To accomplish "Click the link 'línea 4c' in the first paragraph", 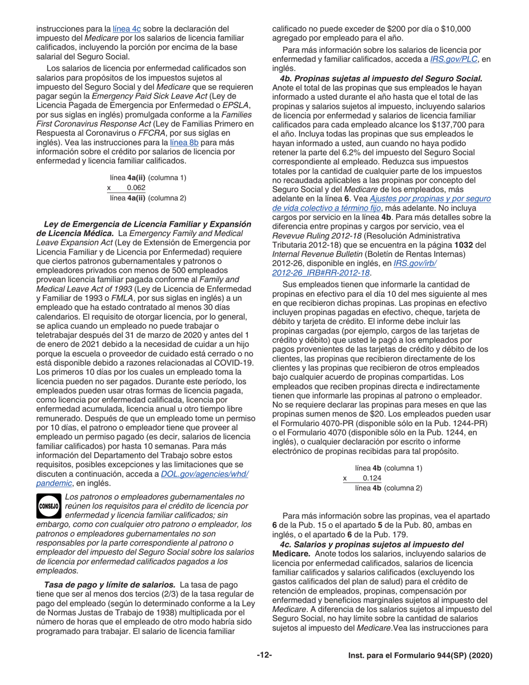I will [128, 28].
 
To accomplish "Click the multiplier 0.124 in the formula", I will [371, 478].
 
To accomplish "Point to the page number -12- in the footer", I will [264, 655].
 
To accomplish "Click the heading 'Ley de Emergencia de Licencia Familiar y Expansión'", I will [143, 224].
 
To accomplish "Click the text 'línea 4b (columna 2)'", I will [388, 488].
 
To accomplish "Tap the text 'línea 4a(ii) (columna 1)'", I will [148, 178].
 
